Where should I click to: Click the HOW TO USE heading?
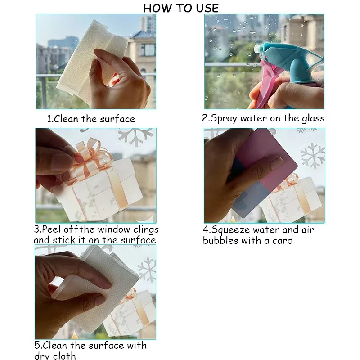181,9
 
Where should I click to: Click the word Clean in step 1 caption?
66,119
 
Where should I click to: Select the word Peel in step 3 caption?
52,229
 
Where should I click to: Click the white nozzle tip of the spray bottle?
257,49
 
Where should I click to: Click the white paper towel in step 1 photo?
90,58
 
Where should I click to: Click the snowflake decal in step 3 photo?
135,137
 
